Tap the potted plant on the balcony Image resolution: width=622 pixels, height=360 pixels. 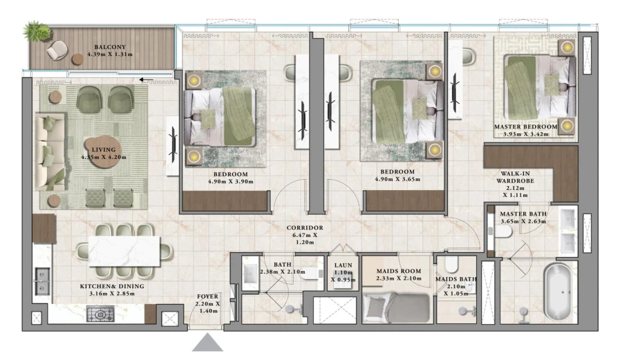coord(36,31)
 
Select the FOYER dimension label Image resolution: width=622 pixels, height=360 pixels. coord(207,304)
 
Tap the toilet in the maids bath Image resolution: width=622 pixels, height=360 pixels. coord(453,265)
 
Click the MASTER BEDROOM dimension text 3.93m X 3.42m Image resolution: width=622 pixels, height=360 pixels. coord(525,134)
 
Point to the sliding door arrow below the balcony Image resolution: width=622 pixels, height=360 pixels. coord(146,79)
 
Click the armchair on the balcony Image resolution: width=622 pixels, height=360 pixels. coord(61,48)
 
